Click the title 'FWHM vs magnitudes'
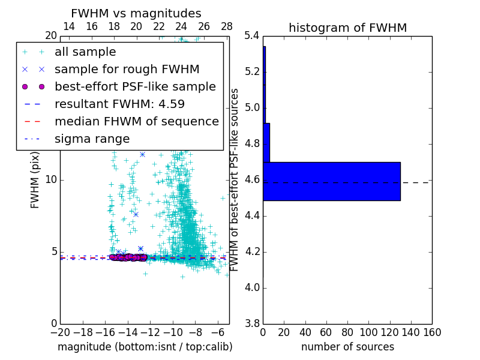click(136, 13)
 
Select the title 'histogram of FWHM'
click(347, 28)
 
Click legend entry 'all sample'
click(85, 52)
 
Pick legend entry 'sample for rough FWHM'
click(127, 69)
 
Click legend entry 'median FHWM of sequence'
click(136, 121)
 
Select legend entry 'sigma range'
click(92, 139)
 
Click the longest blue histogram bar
click(331, 181)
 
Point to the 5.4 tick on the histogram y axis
click(253, 36)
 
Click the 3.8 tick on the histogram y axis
click(253, 323)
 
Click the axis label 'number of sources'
click(347, 347)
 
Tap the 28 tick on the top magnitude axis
click(227, 26)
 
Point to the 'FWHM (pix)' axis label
click(35, 179)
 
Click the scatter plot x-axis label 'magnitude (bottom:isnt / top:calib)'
click(145, 347)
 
